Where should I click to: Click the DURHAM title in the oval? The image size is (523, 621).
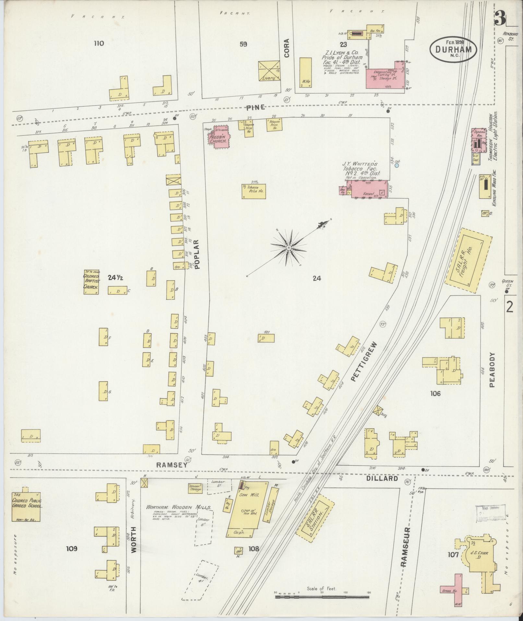point(453,50)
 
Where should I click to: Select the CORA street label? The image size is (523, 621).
point(287,48)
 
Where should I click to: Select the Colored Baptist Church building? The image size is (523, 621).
point(91,282)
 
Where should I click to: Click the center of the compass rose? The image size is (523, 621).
point(288,248)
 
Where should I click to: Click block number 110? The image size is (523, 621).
point(99,43)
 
